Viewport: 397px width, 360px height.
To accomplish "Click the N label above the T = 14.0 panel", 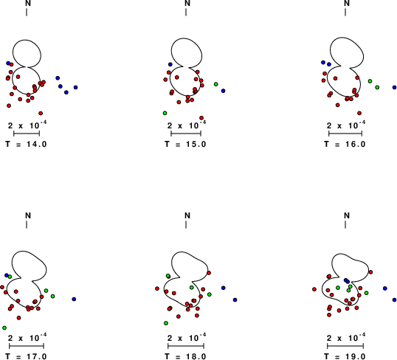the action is pyautogui.click(x=28, y=3).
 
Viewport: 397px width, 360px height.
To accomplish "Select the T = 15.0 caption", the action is pyautogui.click(x=185, y=144).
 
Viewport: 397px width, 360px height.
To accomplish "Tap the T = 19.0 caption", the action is pyautogui.click(x=345, y=356).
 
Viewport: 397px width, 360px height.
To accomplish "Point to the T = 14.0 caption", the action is pyautogui.click(x=26, y=144).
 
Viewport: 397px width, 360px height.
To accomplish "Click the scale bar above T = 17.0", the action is pyautogui.click(x=27, y=346).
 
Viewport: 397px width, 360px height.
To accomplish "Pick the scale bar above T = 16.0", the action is pyautogui.click(x=345, y=134).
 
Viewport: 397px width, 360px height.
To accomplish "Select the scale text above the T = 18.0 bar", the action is pyautogui.click(x=187, y=337).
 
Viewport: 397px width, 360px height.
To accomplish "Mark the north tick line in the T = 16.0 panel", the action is pyautogui.click(x=345, y=12).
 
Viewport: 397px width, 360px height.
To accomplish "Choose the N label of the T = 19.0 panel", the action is pyautogui.click(x=347, y=215).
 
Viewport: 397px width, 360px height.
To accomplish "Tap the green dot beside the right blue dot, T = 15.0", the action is pyautogui.click(x=216, y=84).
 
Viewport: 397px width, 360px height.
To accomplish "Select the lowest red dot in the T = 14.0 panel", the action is pyautogui.click(x=41, y=113).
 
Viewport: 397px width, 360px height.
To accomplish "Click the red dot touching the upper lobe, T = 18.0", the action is pyautogui.click(x=209, y=273).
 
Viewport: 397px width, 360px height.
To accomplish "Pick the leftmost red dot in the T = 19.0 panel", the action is pyautogui.click(x=314, y=289).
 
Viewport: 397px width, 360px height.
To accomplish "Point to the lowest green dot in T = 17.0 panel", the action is pyautogui.click(x=4, y=328).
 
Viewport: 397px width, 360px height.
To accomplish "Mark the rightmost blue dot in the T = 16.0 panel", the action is pyautogui.click(x=395, y=87).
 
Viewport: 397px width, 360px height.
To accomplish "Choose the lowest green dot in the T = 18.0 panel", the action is pyautogui.click(x=166, y=323).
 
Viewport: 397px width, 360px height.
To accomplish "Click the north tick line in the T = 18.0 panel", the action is pyautogui.click(x=186, y=224).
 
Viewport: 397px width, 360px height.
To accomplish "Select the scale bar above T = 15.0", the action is pyautogui.click(x=186, y=134).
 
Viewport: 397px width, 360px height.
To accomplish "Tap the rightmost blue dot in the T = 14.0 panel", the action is pyautogui.click(x=76, y=87).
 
